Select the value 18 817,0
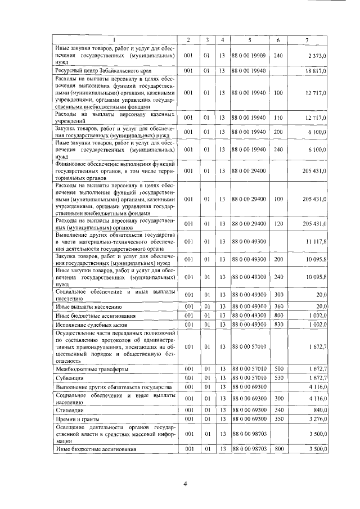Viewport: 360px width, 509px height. point(316,71)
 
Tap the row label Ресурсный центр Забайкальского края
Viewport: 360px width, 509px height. point(99,71)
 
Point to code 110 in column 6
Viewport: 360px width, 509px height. point(277,117)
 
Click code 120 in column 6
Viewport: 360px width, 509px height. point(277,224)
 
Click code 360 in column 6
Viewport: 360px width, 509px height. point(277,307)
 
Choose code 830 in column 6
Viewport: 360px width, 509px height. point(277,325)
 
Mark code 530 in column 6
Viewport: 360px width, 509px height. point(277,379)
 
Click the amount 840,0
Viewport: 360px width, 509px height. point(319,410)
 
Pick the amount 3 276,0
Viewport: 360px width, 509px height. point(317,420)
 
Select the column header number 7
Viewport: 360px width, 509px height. point(307,39)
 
